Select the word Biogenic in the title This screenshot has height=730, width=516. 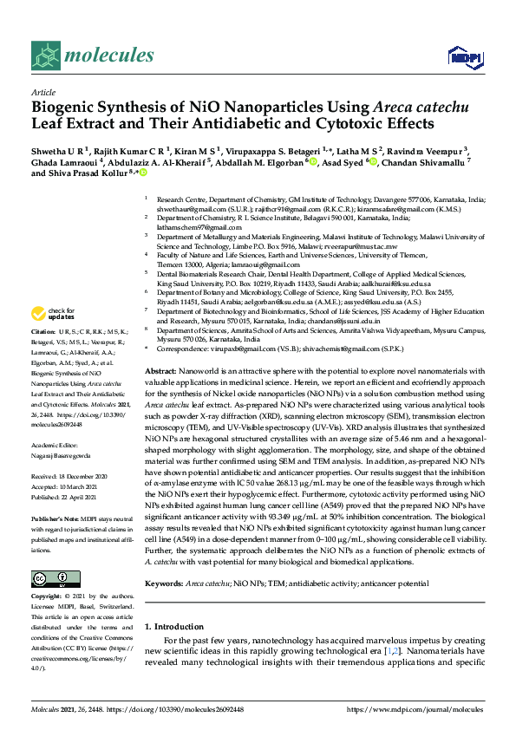(x=63, y=108)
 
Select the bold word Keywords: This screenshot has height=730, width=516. (x=165, y=560)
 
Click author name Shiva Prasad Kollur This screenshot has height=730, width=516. (x=84, y=173)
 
